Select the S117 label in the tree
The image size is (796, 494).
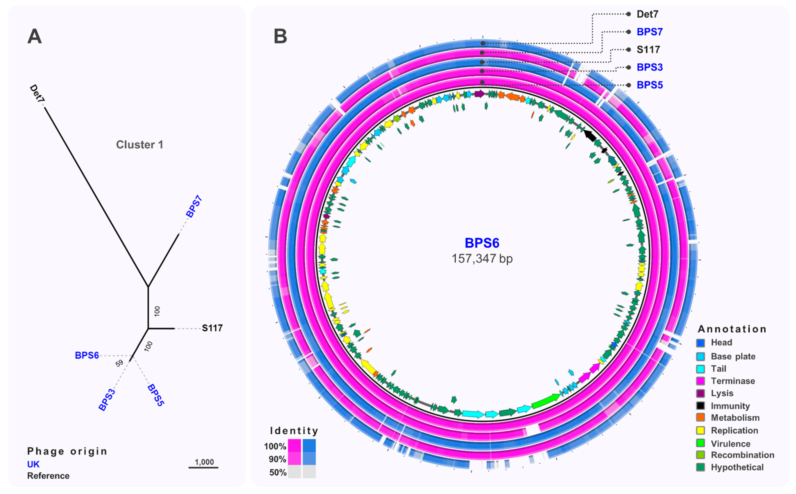[212, 328]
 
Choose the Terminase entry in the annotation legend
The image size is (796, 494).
[733, 381]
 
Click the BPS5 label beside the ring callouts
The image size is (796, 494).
[650, 85]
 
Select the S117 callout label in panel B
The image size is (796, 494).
[648, 50]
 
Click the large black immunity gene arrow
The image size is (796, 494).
[590, 135]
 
